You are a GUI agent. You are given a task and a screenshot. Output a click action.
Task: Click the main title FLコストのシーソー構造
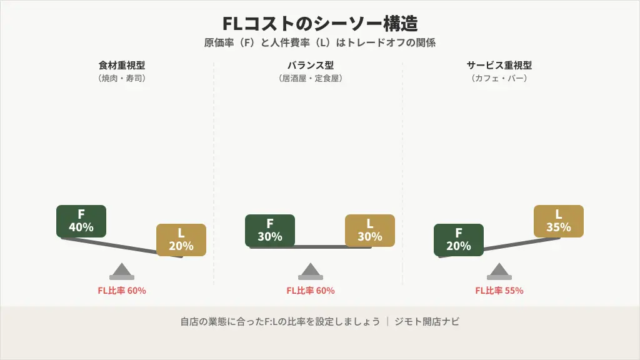click(x=320, y=24)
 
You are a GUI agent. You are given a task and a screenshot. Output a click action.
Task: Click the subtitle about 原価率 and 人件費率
click(x=320, y=43)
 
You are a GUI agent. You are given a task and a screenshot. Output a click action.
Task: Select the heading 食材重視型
click(x=122, y=65)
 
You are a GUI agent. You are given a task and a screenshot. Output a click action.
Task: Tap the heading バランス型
click(x=311, y=65)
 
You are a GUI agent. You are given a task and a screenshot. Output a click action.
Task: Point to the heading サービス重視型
click(x=499, y=65)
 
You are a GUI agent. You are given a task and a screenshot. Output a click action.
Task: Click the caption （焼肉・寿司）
click(x=122, y=79)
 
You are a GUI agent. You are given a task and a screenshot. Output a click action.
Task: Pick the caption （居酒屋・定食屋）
click(x=311, y=79)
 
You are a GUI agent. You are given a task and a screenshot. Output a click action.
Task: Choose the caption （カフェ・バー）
click(x=499, y=79)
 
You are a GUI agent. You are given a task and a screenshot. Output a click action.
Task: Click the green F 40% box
click(x=81, y=221)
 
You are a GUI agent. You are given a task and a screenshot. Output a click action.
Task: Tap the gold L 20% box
click(x=181, y=239)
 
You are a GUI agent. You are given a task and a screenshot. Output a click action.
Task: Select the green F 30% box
click(x=270, y=230)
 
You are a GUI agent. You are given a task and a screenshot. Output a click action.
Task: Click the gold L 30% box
click(x=370, y=230)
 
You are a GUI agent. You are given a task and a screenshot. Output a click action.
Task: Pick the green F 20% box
click(x=459, y=239)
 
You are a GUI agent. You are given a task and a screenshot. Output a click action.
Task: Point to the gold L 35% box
click(x=559, y=221)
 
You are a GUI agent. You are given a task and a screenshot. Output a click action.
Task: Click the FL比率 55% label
click(x=499, y=291)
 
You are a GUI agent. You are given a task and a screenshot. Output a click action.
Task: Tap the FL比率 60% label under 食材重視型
click(x=122, y=291)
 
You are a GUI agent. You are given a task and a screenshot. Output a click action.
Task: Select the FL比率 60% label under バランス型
click(x=311, y=291)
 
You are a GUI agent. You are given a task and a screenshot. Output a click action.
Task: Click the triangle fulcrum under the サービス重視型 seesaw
click(x=499, y=271)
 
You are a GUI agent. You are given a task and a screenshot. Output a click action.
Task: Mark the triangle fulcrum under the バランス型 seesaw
click(x=311, y=271)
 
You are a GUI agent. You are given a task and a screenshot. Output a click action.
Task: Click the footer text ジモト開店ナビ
click(x=427, y=322)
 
